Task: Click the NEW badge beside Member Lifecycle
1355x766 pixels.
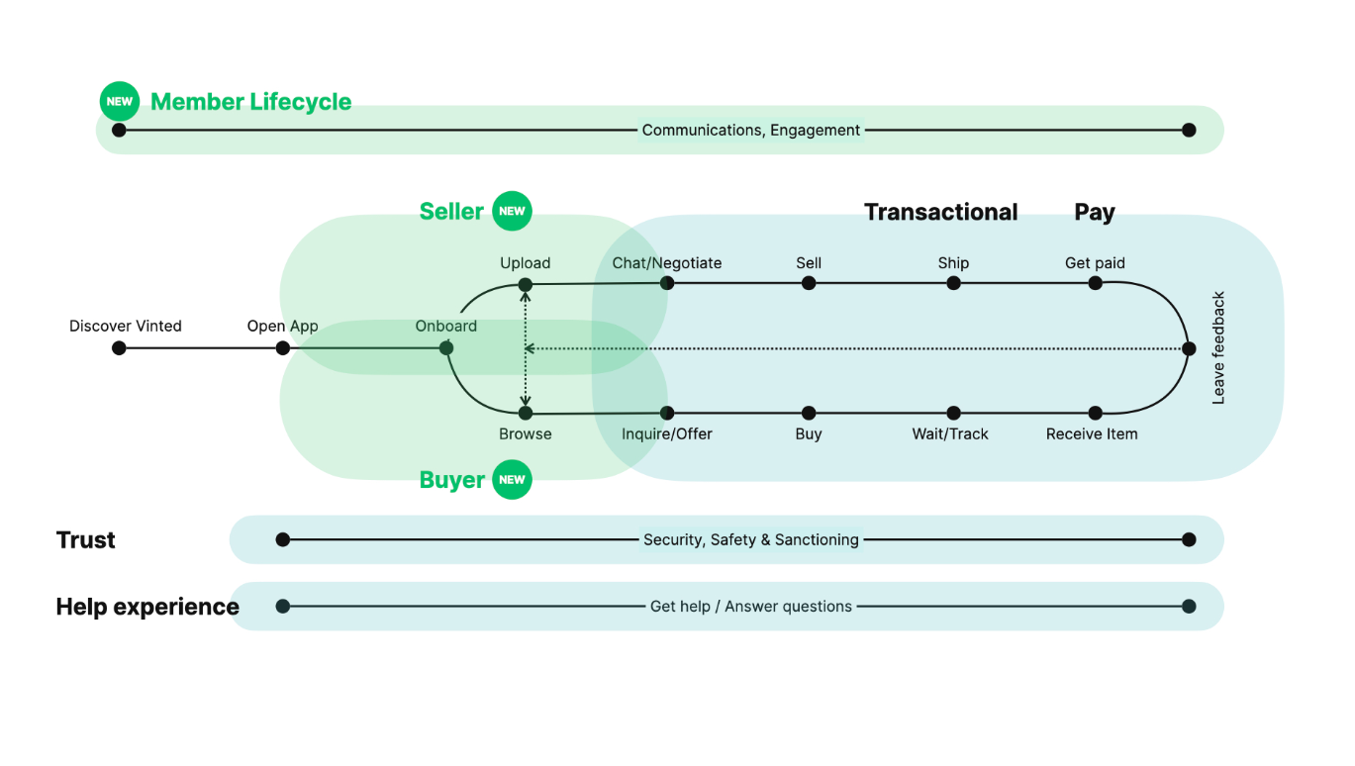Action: click(120, 101)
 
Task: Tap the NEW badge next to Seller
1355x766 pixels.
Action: click(512, 211)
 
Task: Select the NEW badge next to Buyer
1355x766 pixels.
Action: click(512, 480)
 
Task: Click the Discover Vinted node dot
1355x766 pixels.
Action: click(119, 348)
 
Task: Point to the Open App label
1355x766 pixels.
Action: click(283, 326)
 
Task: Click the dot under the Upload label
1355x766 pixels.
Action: click(526, 285)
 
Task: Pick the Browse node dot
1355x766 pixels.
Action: click(526, 413)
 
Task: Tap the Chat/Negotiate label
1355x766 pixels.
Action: click(667, 263)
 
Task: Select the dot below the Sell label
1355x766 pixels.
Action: click(809, 283)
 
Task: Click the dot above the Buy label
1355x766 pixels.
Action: click(809, 413)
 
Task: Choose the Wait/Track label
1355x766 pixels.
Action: click(950, 433)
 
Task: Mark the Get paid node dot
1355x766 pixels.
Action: click(1095, 283)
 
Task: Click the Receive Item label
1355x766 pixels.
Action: click(1092, 433)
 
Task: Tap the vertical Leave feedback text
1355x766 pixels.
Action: click(1218, 347)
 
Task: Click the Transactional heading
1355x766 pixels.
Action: click(940, 212)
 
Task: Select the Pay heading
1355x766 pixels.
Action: click(1095, 212)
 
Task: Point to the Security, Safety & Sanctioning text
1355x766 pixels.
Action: click(751, 539)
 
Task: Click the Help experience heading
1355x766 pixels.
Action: click(147, 607)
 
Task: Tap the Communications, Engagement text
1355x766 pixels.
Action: click(751, 130)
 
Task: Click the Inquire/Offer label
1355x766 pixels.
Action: click(667, 433)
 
